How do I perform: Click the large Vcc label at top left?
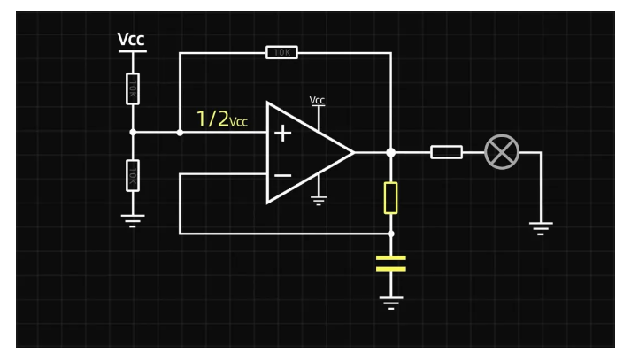coord(131,40)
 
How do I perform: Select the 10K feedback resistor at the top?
coord(281,53)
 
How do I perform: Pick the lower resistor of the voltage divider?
coord(133,175)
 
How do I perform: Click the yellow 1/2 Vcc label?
coord(221,119)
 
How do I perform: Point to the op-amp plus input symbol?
coord(282,134)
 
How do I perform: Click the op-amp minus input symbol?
coord(282,175)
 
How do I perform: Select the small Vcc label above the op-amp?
coord(318,101)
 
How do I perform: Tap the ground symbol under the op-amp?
coord(319,200)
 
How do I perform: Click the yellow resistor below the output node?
coord(390,198)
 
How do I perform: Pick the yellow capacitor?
coord(390,263)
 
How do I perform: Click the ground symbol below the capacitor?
coord(390,303)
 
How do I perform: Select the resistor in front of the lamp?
coord(446,152)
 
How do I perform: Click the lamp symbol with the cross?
coord(502,152)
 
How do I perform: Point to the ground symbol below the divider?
coord(133,220)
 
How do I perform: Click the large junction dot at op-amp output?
coord(390,152)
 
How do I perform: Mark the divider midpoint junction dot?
coord(133,133)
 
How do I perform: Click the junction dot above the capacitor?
coord(390,234)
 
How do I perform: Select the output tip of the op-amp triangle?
coord(353,152)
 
